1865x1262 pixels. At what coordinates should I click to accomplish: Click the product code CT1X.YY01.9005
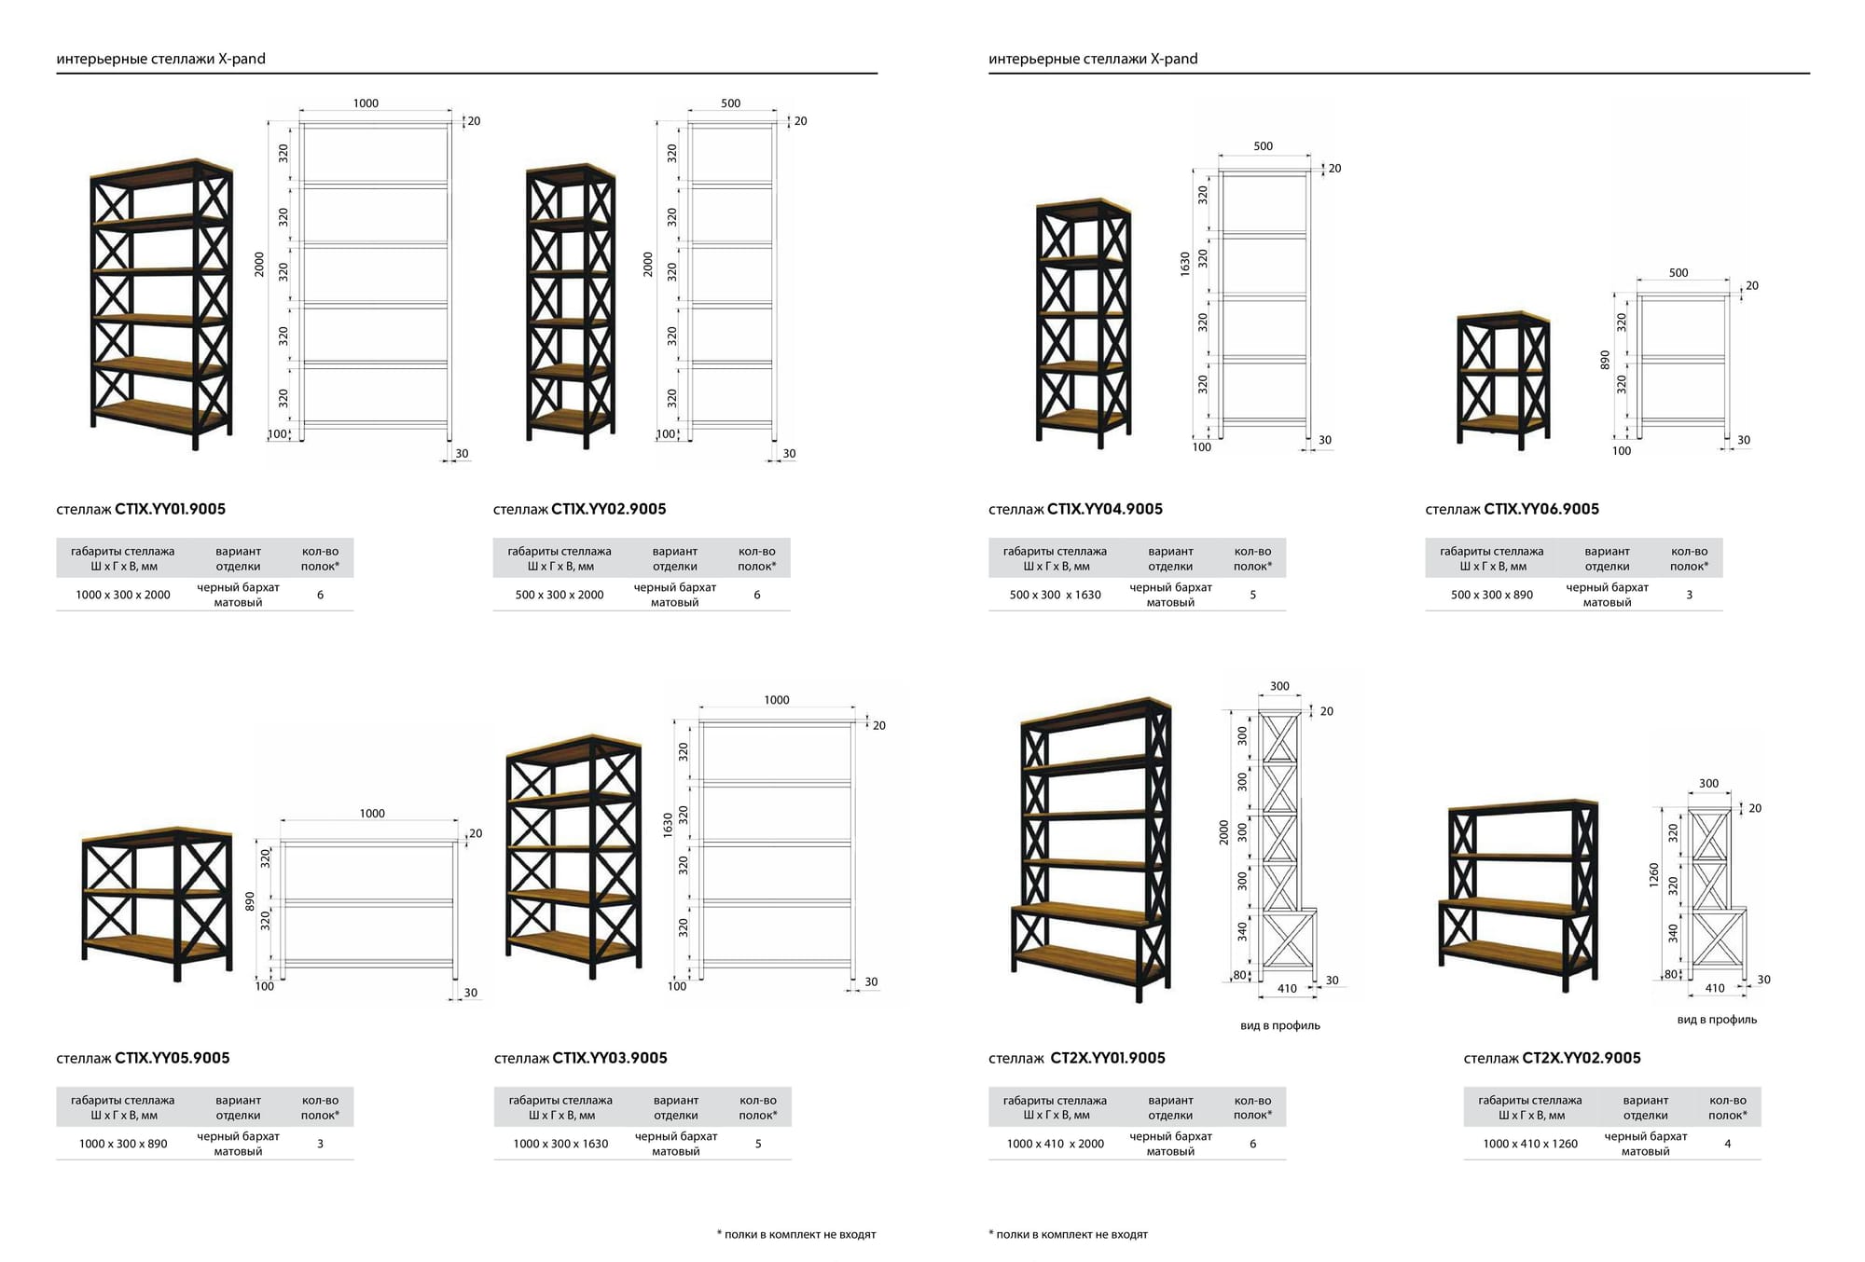(x=170, y=509)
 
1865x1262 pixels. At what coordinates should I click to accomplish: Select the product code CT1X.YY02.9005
(x=608, y=509)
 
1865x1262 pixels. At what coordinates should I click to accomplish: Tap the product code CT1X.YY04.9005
(x=1104, y=509)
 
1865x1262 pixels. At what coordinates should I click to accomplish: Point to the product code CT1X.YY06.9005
(x=1540, y=509)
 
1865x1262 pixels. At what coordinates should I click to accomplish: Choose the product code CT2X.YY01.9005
(x=1108, y=1058)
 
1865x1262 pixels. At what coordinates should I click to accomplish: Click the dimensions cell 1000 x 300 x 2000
(x=123, y=595)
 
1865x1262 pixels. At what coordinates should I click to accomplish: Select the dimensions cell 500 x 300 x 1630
(x=1055, y=595)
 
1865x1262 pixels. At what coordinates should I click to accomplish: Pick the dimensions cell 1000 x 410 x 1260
(x=1530, y=1144)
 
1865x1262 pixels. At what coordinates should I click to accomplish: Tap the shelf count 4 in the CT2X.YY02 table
(x=1727, y=1144)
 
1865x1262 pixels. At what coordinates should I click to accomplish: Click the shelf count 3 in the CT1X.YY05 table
(x=320, y=1144)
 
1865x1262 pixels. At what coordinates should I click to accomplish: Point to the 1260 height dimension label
(x=1654, y=875)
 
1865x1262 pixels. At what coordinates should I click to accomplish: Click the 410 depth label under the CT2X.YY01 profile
(x=1287, y=989)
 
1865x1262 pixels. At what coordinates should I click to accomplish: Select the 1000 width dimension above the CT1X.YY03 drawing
(x=777, y=700)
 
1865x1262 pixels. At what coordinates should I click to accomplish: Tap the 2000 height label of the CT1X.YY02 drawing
(x=648, y=264)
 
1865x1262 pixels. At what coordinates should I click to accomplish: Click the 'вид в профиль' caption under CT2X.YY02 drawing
(x=1717, y=1020)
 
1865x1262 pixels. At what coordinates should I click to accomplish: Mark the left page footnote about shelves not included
(x=796, y=1234)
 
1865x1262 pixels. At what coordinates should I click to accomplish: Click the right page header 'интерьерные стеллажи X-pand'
(x=1093, y=59)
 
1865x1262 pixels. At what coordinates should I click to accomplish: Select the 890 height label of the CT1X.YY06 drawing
(x=1605, y=360)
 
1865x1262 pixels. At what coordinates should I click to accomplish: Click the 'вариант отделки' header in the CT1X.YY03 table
(x=676, y=1107)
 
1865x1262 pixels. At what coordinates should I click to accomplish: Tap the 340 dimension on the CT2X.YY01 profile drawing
(x=1242, y=931)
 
